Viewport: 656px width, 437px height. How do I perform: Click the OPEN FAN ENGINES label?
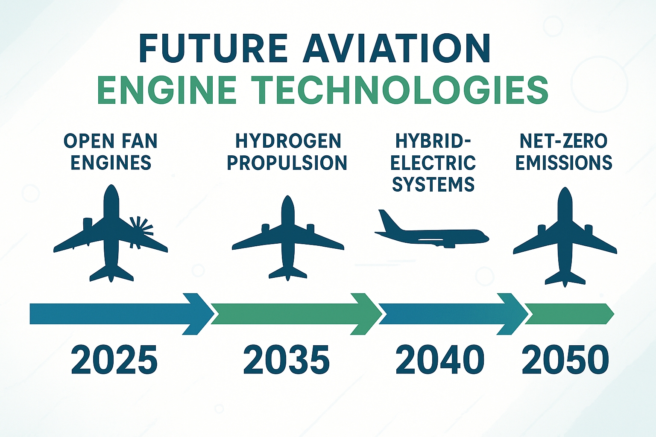(x=111, y=151)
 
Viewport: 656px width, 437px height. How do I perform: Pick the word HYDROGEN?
(x=288, y=141)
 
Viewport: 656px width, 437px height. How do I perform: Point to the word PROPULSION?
(x=287, y=163)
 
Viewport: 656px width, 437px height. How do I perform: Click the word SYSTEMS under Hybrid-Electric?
(x=433, y=184)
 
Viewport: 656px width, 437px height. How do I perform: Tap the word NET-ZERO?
(x=564, y=141)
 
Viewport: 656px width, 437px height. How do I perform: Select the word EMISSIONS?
(x=564, y=163)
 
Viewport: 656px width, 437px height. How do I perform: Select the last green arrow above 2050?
(x=569, y=314)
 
